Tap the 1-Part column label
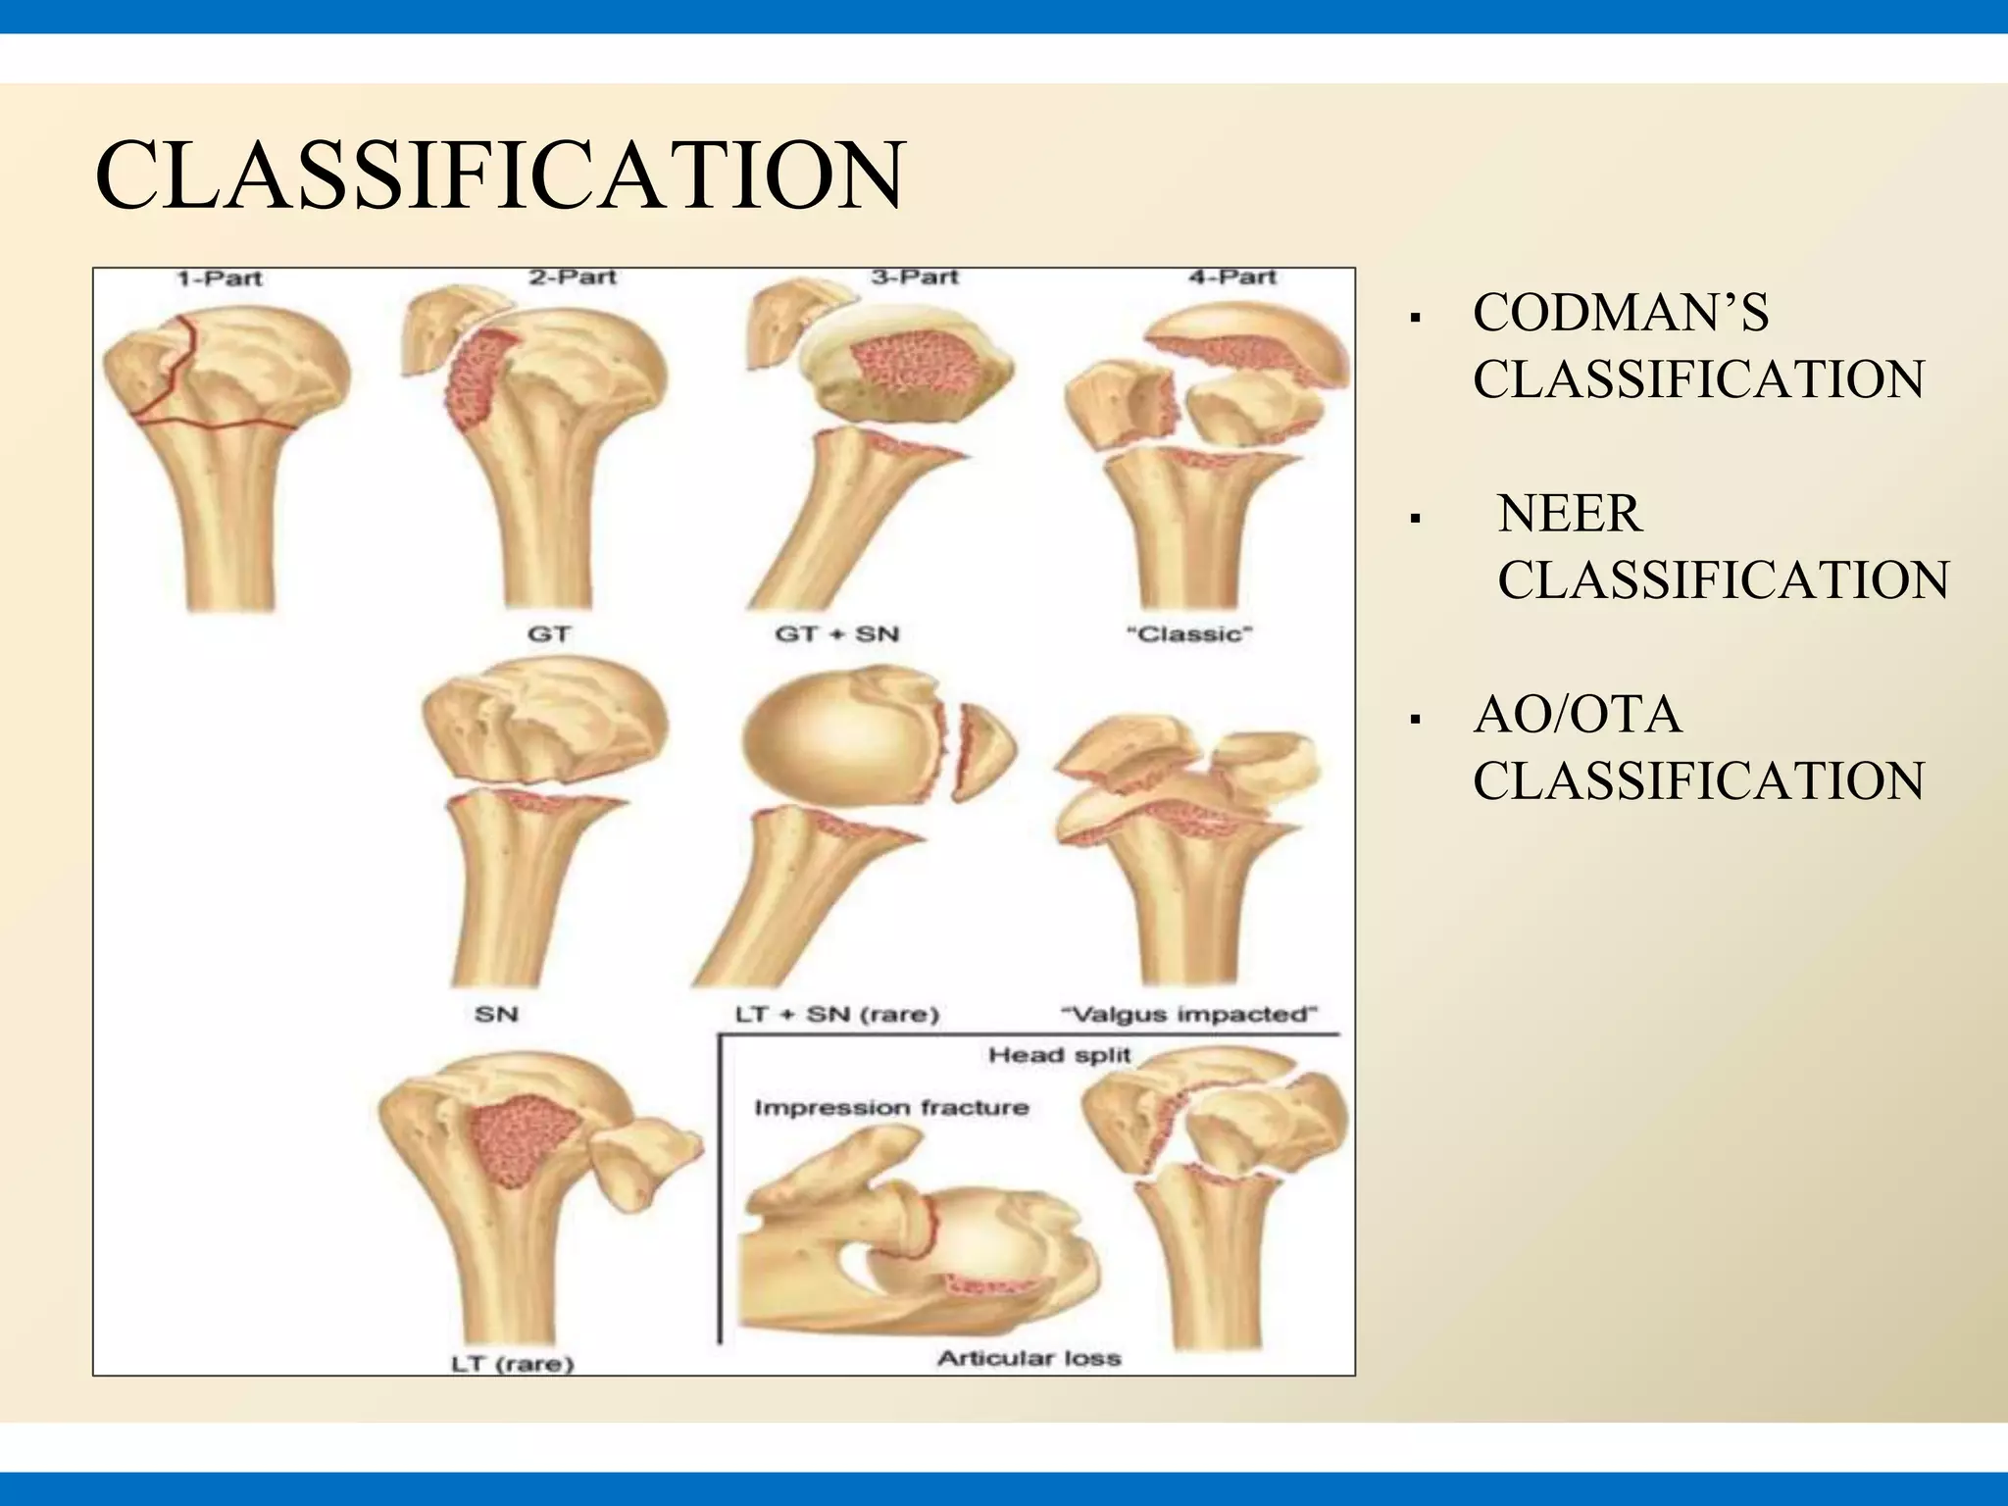point(220,278)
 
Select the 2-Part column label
point(573,277)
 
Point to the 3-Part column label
point(914,277)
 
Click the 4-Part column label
point(1232,277)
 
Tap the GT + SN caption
point(836,634)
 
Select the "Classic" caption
point(1188,634)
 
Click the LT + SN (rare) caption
point(836,1015)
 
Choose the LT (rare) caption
point(512,1363)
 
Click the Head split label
point(1059,1056)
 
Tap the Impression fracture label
point(891,1108)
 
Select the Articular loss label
point(1029,1358)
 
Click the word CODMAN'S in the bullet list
point(1620,314)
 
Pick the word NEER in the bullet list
point(1569,515)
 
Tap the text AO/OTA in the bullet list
point(1577,715)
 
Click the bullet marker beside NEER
point(1414,519)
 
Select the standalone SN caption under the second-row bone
point(496,1015)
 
